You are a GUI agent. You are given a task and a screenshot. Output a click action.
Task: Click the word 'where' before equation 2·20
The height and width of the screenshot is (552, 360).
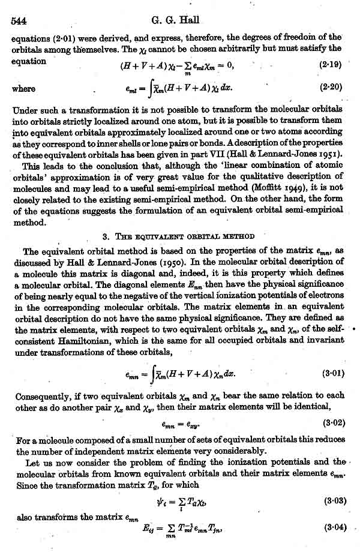(23, 88)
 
